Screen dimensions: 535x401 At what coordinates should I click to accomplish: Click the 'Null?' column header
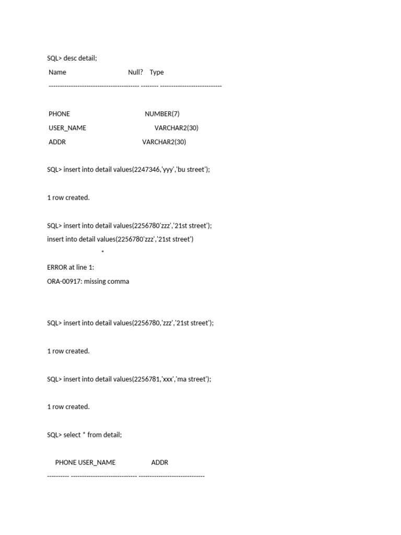tap(135, 72)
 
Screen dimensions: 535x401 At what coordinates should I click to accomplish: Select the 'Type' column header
tap(157, 72)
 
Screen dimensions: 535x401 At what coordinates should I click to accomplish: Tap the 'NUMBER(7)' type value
tap(162, 114)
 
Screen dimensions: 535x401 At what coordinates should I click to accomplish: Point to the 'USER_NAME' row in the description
tap(67, 128)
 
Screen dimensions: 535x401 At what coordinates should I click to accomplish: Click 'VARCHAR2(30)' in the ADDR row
tap(164, 142)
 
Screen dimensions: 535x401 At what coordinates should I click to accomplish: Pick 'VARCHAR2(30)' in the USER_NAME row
tap(176, 128)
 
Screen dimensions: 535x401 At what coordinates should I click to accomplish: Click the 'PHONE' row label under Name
tap(59, 114)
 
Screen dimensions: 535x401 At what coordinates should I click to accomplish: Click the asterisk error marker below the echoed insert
tap(103, 253)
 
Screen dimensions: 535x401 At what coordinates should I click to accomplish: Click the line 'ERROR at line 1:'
tap(70, 267)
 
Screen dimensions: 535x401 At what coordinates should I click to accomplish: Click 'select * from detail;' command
tap(92, 435)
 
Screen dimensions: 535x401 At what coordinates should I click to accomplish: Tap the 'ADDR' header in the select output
tap(160, 462)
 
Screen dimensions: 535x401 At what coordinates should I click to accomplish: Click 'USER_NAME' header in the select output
tap(97, 462)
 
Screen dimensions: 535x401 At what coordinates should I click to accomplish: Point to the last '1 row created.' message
tap(68, 407)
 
